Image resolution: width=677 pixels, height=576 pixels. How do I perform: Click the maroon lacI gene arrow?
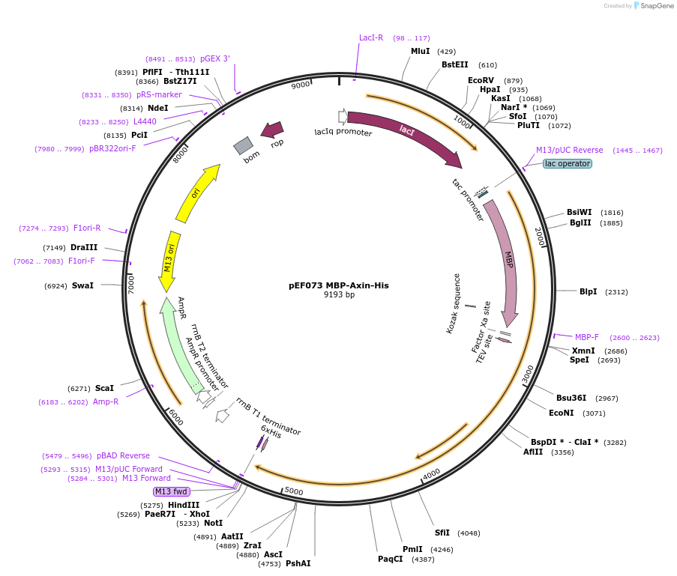point(405,132)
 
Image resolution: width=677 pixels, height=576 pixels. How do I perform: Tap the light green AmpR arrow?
point(180,345)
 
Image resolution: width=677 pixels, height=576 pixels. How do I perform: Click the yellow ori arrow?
point(198,193)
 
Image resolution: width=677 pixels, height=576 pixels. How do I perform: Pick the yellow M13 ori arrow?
point(168,258)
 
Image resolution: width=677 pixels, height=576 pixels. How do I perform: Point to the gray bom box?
point(243,145)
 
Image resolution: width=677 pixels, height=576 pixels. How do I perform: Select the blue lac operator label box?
point(567,163)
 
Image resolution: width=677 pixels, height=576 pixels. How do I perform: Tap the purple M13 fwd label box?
point(171,491)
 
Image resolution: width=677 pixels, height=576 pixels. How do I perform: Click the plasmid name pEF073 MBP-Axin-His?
point(339,285)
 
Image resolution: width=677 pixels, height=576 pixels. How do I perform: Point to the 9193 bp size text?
point(339,295)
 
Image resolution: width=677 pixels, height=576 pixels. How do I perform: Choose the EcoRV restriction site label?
point(481,80)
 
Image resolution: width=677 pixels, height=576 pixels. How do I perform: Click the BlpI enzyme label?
point(588,291)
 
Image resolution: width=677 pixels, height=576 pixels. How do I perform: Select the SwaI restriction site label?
point(82,285)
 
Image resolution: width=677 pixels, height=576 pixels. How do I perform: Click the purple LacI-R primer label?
point(371,37)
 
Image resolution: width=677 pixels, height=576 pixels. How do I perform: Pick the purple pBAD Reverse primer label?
point(123,455)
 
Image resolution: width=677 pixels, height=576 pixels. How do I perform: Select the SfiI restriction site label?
point(442,533)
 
